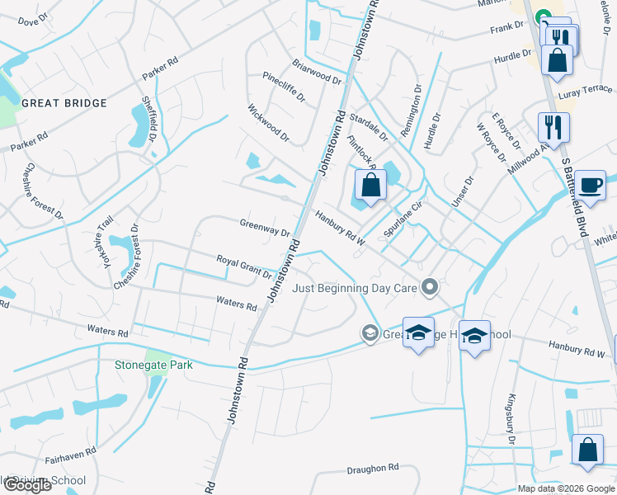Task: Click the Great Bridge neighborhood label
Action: click(x=64, y=103)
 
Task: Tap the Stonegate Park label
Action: click(x=148, y=361)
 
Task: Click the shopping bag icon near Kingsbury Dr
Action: click(x=587, y=451)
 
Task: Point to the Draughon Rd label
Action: click(x=373, y=468)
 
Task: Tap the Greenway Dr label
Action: click(x=265, y=228)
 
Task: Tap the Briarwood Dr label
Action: click(x=317, y=71)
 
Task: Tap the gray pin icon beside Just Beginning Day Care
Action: click(x=429, y=287)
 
